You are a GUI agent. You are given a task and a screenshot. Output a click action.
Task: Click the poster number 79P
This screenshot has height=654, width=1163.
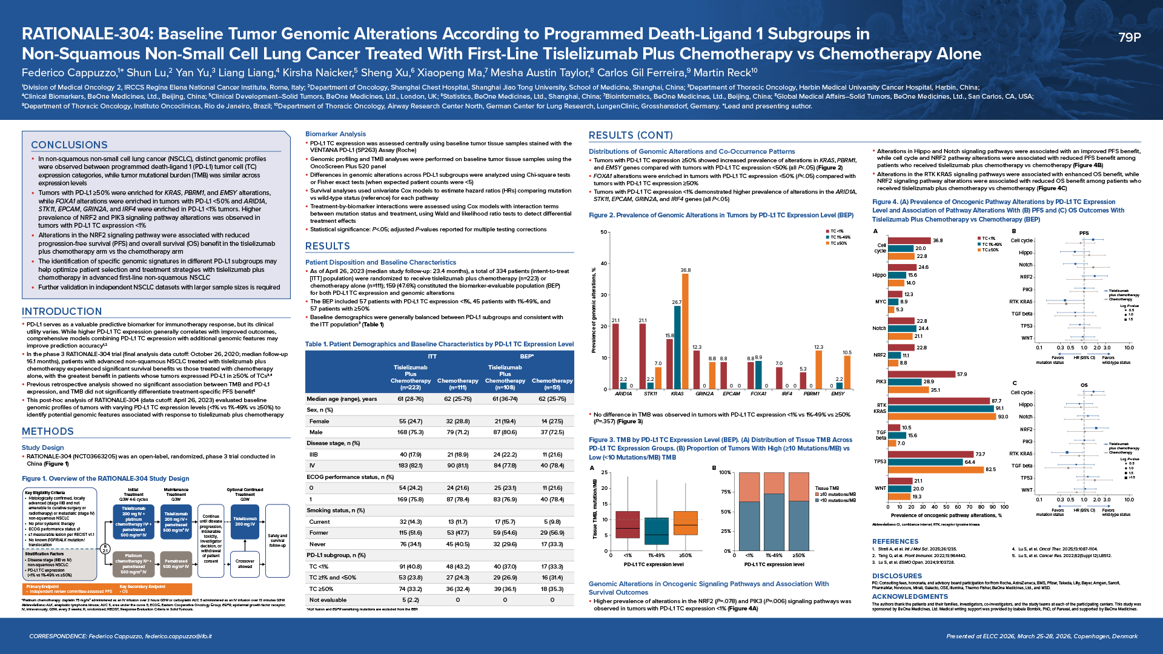(x=1129, y=38)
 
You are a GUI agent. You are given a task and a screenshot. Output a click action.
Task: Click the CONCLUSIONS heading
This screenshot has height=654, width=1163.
(x=69, y=145)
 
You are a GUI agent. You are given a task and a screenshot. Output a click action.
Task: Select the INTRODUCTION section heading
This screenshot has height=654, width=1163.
(x=62, y=311)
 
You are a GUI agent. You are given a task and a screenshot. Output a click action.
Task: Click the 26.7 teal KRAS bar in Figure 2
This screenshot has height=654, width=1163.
(x=677, y=347)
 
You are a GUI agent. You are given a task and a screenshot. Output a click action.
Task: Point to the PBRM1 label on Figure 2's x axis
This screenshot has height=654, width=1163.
(x=811, y=394)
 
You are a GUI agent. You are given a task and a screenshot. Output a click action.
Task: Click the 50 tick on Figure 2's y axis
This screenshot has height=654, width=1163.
(x=603, y=232)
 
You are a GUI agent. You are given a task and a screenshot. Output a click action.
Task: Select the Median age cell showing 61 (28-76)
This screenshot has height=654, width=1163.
(x=410, y=399)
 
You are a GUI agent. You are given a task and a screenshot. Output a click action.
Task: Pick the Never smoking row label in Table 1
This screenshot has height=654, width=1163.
(x=317, y=544)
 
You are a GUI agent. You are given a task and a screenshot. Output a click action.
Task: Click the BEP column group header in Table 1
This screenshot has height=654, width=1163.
(x=526, y=356)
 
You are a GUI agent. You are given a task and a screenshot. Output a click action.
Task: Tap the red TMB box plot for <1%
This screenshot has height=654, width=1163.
(x=628, y=524)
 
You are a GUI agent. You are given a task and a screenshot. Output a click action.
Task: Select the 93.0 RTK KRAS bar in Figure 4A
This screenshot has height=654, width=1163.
(x=941, y=417)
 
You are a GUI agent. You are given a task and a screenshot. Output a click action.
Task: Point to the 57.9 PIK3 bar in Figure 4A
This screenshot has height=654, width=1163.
(x=921, y=374)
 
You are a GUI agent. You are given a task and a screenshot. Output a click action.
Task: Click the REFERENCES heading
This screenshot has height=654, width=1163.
(x=895, y=541)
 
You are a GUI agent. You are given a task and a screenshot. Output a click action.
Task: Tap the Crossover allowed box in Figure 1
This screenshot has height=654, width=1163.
(x=245, y=563)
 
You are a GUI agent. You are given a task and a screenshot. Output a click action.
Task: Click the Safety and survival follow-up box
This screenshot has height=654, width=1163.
(x=277, y=540)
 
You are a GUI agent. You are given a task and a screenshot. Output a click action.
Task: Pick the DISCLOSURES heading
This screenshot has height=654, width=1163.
(x=896, y=576)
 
